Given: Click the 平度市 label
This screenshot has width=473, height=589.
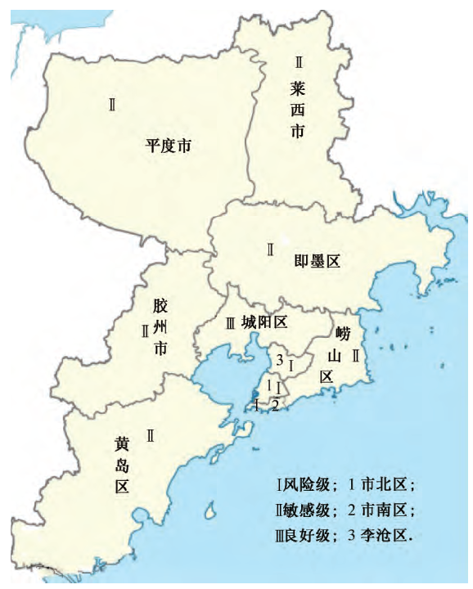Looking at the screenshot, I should (x=169, y=146).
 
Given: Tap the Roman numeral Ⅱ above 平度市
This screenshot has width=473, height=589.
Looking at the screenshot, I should (x=112, y=104).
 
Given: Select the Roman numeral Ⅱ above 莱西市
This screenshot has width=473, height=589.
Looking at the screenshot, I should (x=299, y=61).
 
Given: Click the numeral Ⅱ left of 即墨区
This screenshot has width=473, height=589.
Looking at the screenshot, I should (x=269, y=250).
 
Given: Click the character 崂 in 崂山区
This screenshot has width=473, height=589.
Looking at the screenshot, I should (x=342, y=334).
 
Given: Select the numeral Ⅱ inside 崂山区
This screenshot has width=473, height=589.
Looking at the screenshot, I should (x=355, y=356).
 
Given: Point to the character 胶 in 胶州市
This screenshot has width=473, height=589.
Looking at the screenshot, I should (x=160, y=306).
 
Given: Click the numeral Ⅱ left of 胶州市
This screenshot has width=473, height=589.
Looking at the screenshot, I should (x=144, y=330).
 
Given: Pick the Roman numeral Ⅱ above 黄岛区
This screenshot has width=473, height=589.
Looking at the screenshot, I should (x=151, y=435).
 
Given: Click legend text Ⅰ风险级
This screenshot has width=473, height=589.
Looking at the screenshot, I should (x=303, y=484).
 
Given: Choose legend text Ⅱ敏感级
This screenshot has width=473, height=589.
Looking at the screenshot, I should (x=303, y=510).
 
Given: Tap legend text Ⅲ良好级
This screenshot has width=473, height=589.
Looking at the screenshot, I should (x=303, y=537).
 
